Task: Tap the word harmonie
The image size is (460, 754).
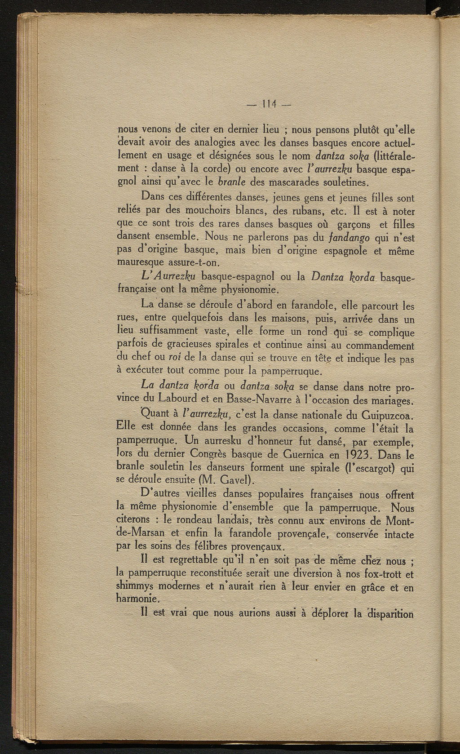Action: coord(137,599)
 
